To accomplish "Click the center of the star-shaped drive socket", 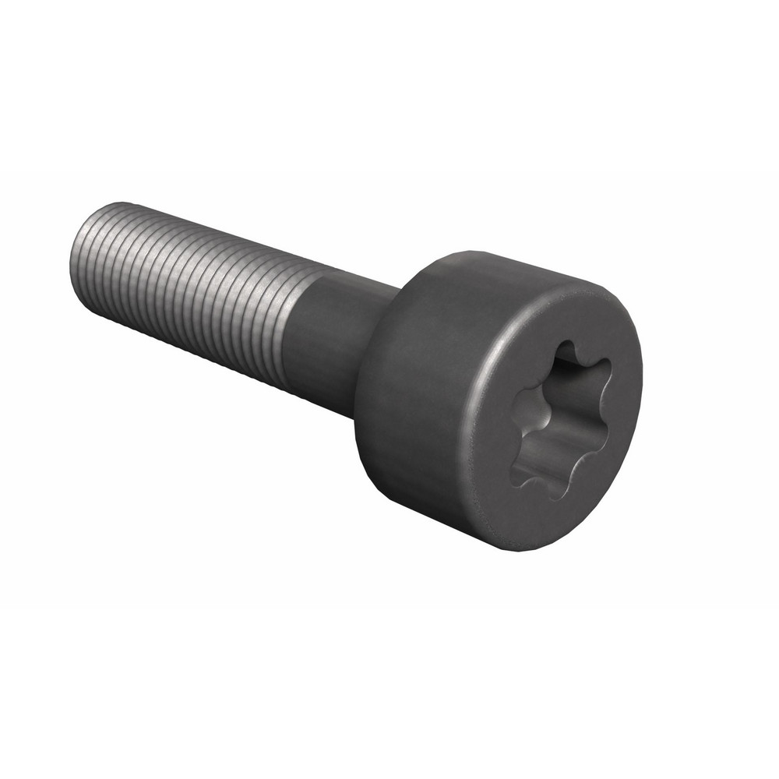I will (x=559, y=421).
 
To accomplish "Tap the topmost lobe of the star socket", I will (x=566, y=353).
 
